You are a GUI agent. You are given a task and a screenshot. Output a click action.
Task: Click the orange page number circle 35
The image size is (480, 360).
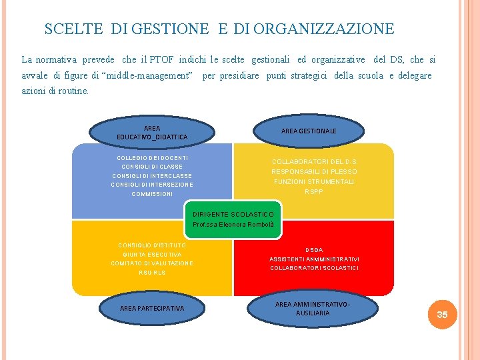tap(442, 314)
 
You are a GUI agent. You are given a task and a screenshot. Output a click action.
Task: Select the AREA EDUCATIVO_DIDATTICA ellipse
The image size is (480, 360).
tap(152, 132)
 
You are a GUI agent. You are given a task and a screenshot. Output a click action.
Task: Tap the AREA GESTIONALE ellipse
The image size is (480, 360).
tap(309, 131)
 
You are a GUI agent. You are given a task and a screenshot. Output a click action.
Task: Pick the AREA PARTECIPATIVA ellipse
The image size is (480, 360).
tap(152, 308)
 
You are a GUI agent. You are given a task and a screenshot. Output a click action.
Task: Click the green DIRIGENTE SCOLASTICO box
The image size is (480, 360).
tap(233, 219)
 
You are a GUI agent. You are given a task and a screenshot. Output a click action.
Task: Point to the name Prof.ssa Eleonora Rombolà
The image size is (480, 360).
tap(233, 225)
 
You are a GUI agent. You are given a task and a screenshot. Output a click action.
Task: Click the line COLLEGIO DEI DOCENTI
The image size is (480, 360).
tap(152, 158)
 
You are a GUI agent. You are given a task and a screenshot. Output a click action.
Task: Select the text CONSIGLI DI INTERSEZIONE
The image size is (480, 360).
tap(152, 185)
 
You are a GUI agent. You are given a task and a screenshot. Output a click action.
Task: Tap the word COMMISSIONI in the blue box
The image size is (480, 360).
tap(152, 194)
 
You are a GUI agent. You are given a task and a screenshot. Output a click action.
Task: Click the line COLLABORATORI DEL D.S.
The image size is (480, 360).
tap(315, 161)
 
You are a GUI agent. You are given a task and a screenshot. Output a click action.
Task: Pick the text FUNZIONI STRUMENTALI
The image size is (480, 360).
tap(314, 181)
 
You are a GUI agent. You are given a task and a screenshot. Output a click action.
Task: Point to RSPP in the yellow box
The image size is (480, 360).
tap(314, 191)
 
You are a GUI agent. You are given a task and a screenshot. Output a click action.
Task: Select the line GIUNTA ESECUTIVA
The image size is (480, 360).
tap(152, 255)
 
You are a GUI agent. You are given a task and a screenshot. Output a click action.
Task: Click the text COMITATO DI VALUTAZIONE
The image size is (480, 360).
tap(152, 264)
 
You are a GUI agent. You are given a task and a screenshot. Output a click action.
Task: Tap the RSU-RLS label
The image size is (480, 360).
tap(152, 273)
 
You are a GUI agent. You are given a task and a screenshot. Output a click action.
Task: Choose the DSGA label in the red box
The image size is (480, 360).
tap(314, 250)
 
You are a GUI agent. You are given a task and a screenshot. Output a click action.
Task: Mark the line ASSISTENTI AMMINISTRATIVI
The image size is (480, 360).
tap(314, 259)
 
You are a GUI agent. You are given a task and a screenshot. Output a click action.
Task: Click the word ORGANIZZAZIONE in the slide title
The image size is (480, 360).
tap(324, 29)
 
